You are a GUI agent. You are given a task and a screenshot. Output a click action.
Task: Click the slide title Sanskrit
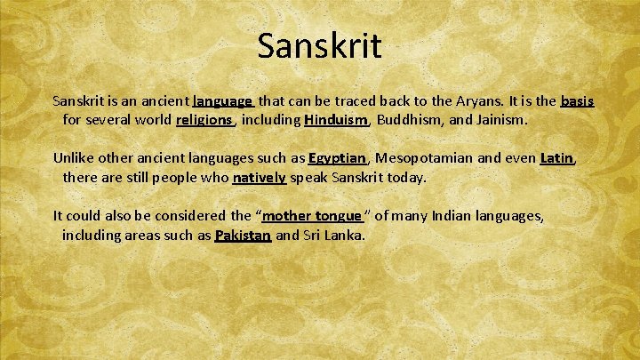tap(319, 45)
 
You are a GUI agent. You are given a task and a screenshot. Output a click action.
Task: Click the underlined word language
tap(223, 101)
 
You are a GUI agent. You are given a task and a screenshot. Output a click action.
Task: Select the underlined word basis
tap(577, 101)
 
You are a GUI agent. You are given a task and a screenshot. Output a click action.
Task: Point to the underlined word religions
tap(204, 119)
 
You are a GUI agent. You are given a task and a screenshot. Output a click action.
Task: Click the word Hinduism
tap(334, 119)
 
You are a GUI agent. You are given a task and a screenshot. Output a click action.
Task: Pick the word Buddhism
tap(412, 119)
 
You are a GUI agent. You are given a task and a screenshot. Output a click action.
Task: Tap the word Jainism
tap(500, 119)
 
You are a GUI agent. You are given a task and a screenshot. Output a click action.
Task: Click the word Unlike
tap(75, 158)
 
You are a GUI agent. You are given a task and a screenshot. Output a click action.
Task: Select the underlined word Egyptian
tap(337, 158)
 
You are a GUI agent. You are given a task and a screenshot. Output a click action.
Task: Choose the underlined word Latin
tap(556, 158)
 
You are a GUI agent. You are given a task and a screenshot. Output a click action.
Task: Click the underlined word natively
tap(260, 177)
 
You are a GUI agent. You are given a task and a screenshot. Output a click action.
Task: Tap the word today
tap(406, 177)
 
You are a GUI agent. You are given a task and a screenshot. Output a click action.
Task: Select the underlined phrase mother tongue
tap(312, 216)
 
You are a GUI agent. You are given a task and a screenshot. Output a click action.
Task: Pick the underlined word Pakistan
tap(243, 236)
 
